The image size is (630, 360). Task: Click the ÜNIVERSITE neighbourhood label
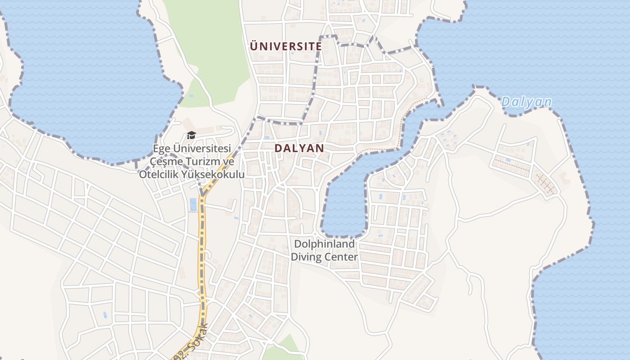[x=286, y=46]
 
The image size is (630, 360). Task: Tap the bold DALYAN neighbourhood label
[x=299, y=148]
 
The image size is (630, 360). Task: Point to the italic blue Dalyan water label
[x=526, y=102]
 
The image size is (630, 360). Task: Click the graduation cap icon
[x=191, y=135]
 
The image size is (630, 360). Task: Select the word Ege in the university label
[x=162, y=149]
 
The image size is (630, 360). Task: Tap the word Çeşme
[x=165, y=162]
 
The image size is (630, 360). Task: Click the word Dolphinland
[x=324, y=244]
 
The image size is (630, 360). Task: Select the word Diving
[x=306, y=257]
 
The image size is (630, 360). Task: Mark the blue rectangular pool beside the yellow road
[x=193, y=204]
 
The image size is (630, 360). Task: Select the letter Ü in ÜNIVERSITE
[x=254, y=46]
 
